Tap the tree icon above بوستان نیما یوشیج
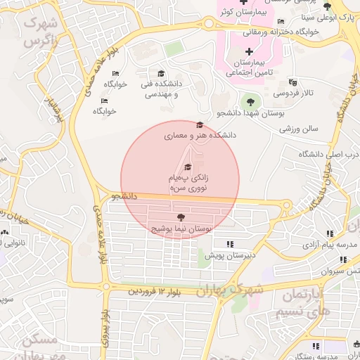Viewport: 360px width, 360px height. [181, 217]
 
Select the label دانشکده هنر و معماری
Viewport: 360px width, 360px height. [200, 134]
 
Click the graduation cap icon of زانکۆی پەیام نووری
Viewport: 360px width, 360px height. [187, 167]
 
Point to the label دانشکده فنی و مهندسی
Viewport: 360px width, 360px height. [161, 89]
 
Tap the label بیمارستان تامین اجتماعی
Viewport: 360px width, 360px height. [250, 67]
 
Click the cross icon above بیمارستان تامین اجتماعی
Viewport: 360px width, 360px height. [250, 51]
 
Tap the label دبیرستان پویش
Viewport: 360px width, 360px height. [230, 255]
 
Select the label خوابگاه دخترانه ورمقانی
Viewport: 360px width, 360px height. [281, 32]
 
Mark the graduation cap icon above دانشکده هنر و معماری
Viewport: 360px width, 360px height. [200, 124]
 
